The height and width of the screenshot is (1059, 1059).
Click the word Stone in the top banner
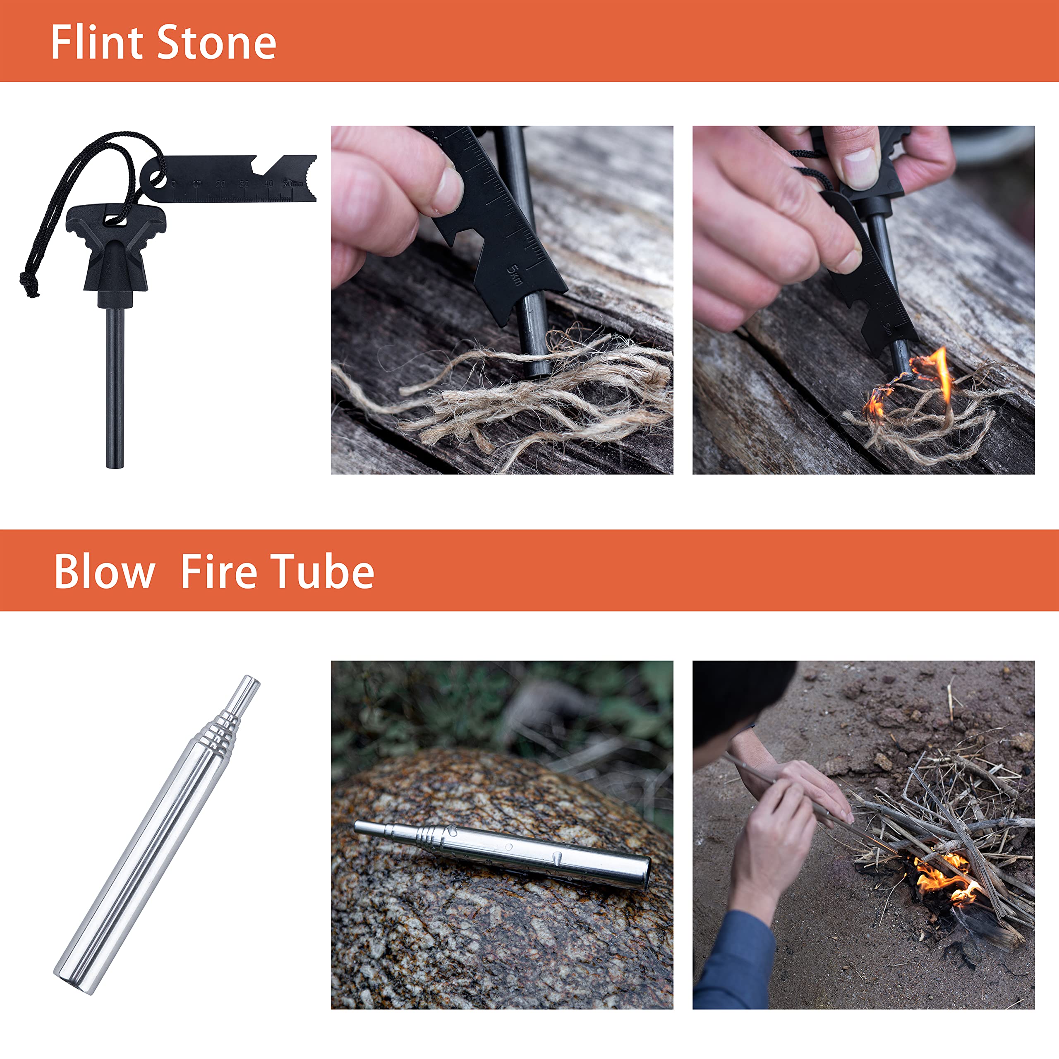(x=217, y=43)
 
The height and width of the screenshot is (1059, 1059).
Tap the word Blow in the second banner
(x=105, y=571)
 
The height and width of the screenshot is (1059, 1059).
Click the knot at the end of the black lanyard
(x=29, y=284)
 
